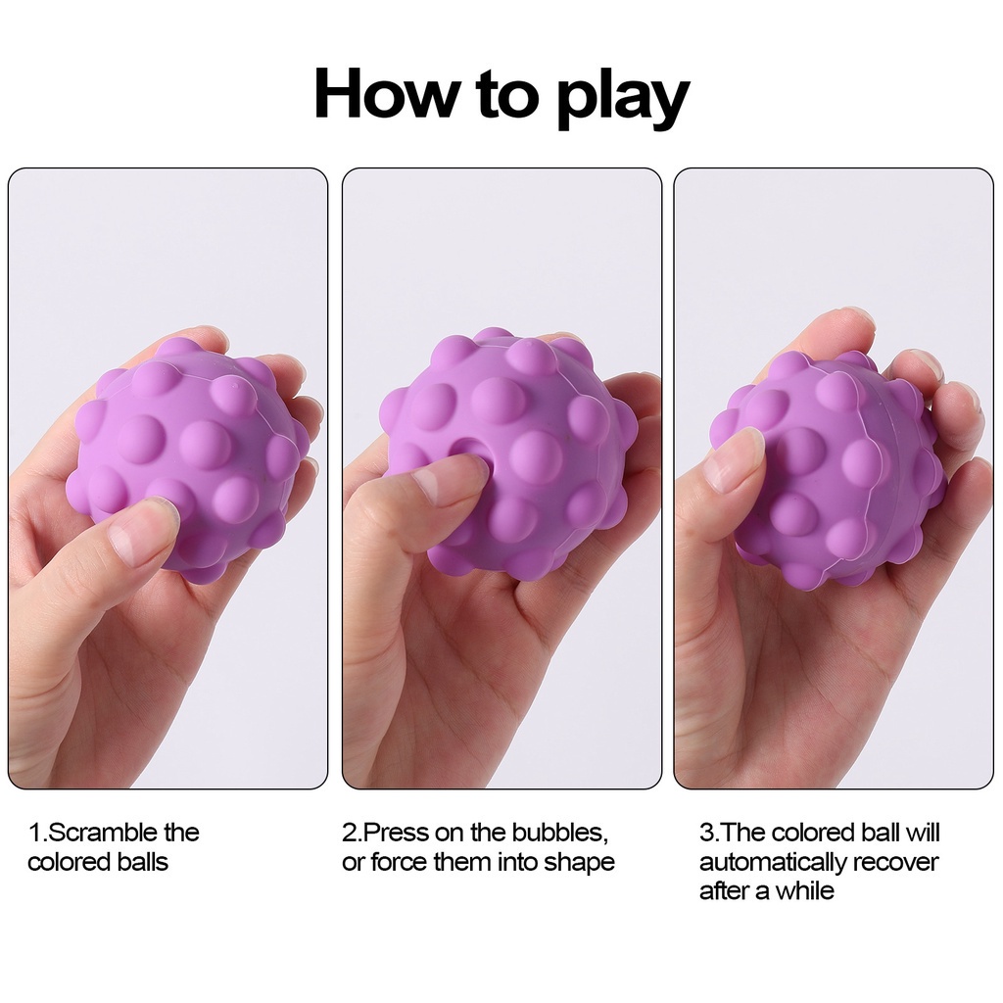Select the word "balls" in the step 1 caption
[143, 862]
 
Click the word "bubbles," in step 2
[567, 833]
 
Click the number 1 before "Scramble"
[34, 833]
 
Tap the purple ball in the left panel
[189, 459]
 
